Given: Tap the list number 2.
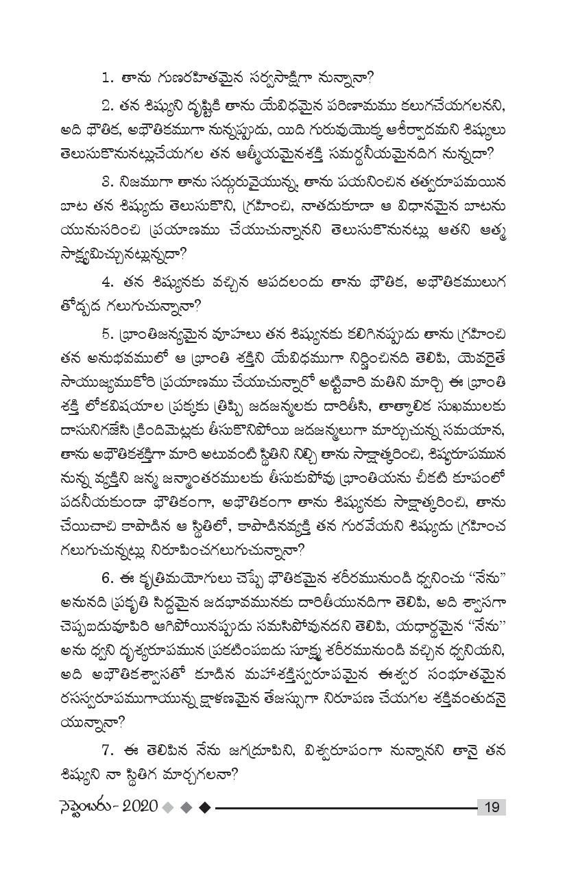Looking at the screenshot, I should point(106,106).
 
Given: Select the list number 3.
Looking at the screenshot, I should point(106,182).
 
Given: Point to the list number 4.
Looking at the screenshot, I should point(106,281).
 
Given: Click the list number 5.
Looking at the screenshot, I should point(106,334).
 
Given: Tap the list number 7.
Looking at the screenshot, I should point(106,750).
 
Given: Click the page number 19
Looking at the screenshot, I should point(492,807).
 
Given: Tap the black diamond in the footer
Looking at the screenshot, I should point(204,807).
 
